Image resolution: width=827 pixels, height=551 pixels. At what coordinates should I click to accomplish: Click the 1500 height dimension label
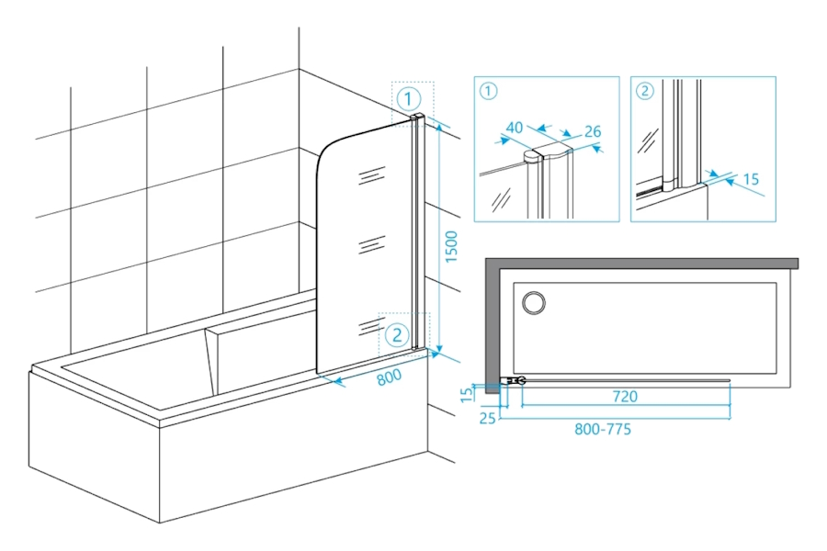451,246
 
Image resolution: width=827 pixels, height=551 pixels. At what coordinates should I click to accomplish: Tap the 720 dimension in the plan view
625,397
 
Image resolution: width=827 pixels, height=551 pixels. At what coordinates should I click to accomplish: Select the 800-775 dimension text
603,429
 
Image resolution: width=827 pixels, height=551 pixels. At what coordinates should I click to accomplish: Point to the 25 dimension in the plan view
488,420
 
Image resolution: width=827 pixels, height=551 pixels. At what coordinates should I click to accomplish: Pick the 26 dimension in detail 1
592,132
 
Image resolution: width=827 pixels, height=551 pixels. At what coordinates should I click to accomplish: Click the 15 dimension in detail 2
752,180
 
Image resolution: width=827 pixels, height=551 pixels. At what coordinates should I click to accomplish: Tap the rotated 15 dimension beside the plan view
467,393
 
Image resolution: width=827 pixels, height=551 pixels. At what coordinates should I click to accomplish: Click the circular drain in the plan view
533,302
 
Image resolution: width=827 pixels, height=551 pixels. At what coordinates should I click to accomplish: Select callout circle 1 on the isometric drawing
409,97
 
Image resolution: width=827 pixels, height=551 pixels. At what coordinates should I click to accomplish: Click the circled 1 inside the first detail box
488,90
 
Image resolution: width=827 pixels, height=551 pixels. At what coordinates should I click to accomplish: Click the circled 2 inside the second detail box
644,90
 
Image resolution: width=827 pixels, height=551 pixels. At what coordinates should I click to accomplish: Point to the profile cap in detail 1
535,157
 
